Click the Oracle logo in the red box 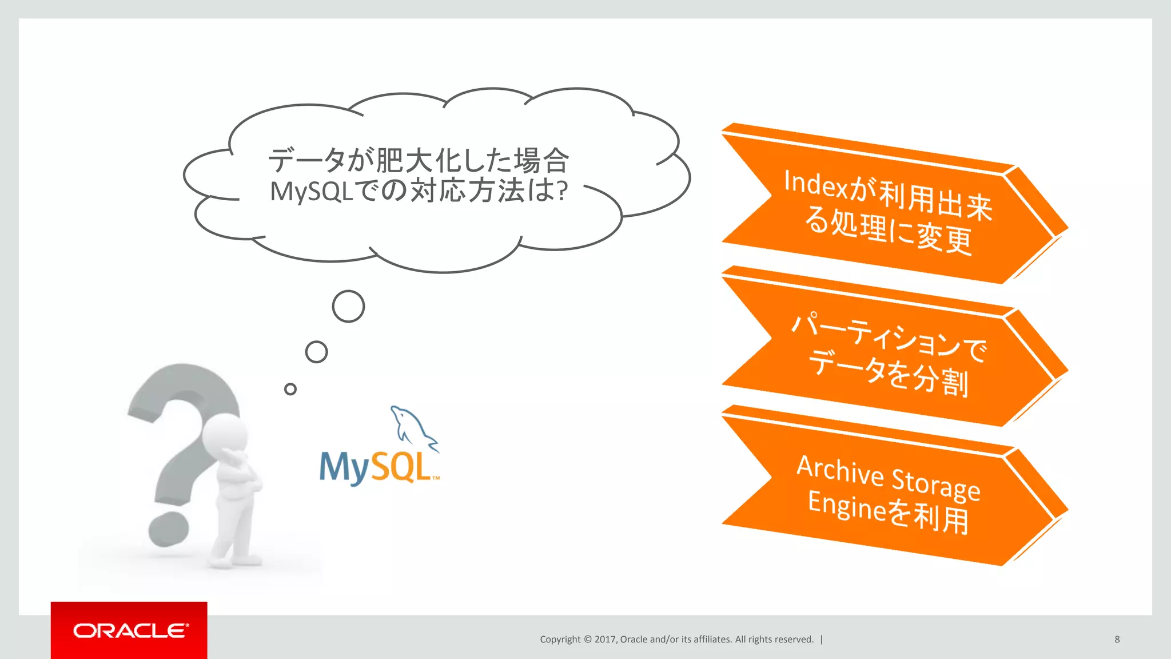(130, 630)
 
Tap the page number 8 (1117, 640)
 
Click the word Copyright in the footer (560, 640)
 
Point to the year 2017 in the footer (605, 640)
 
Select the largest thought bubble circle (348, 307)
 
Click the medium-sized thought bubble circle (316, 352)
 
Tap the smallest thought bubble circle (290, 390)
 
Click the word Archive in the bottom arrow (840, 471)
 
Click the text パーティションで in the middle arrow (889, 338)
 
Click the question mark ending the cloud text (562, 191)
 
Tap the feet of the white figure (234, 561)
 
